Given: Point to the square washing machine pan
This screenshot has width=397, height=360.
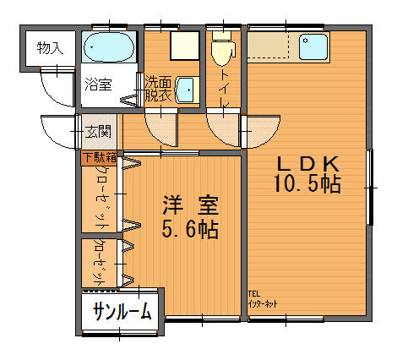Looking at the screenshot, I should [181, 44].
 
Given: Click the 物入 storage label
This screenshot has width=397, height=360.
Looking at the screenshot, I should [49, 48].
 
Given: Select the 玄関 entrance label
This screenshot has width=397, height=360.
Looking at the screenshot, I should [97, 131].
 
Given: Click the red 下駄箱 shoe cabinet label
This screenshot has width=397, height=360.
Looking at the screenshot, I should [99, 156].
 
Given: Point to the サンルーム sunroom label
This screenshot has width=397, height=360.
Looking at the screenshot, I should [123, 311].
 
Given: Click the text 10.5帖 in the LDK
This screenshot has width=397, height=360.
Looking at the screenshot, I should [307, 185].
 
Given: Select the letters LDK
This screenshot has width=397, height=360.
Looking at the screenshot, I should [307, 163].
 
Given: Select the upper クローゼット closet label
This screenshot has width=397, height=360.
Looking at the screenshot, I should [99, 196].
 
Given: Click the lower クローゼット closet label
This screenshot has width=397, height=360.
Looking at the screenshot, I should [99, 263].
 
